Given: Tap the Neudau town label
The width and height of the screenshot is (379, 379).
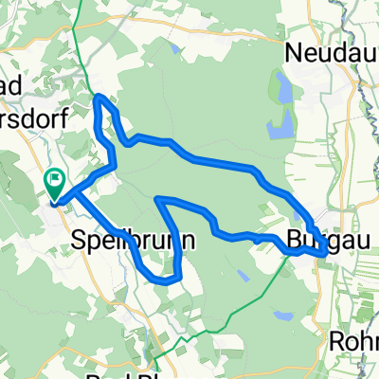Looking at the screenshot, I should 331,51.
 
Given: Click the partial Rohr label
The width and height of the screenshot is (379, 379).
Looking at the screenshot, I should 353,339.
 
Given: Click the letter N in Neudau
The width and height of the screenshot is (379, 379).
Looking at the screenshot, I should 293,51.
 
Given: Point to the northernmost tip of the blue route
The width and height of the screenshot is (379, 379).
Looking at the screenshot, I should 100,97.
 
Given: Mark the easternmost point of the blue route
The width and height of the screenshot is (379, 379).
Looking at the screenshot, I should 327,252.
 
